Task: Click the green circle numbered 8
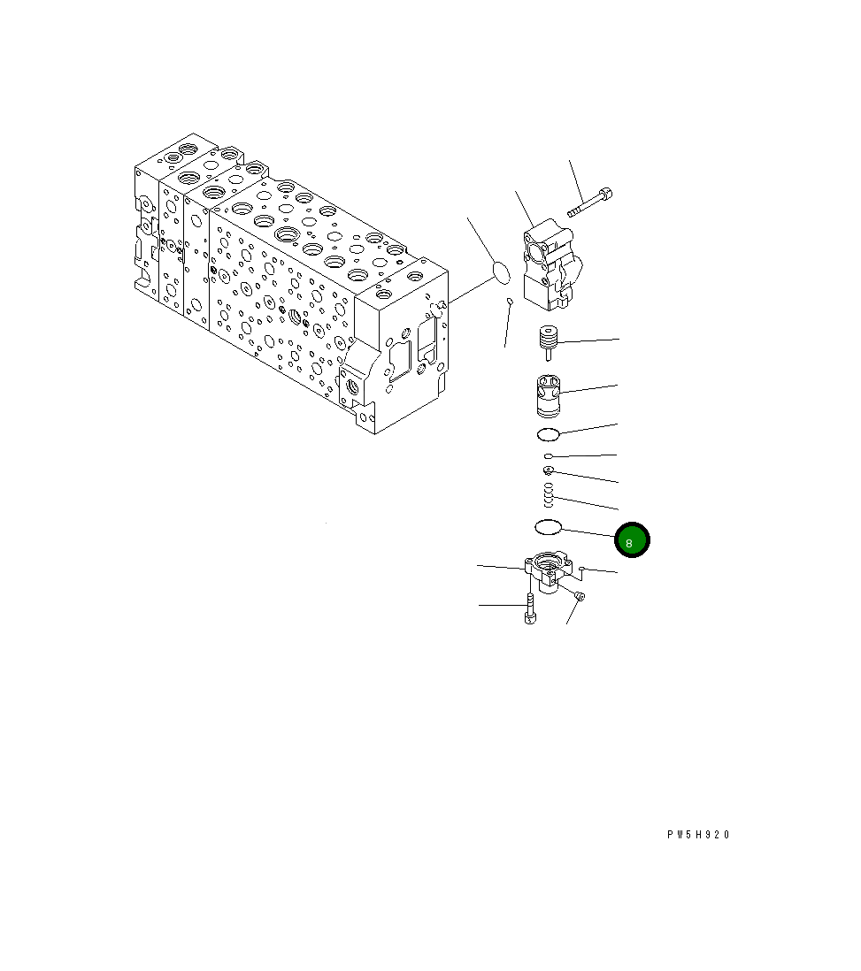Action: pos(632,541)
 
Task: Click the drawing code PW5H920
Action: pos(699,834)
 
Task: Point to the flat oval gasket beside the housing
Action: pos(501,272)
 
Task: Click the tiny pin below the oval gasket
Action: pos(510,302)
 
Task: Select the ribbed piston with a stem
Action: pos(550,341)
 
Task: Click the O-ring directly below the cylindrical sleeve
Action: pos(549,433)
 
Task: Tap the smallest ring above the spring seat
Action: pos(550,456)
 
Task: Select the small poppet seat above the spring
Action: pos(550,470)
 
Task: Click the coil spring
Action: pos(549,494)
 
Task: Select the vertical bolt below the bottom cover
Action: pos(529,610)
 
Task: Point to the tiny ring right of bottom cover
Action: pos(582,570)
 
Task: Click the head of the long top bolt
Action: pos(606,193)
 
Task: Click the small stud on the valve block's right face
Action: pos(439,305)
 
